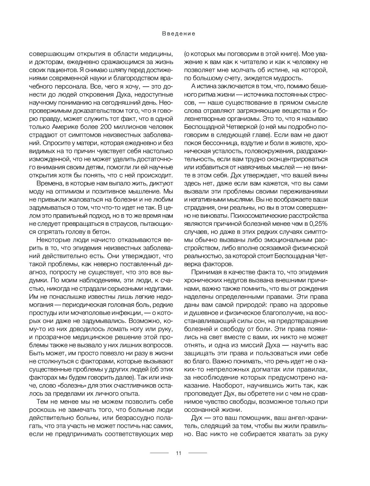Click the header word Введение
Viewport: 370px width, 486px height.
pos(179,34)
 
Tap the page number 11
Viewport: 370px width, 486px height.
pos(178,453)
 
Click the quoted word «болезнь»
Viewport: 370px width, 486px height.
pos(69,386)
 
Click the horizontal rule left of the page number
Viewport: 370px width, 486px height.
pos(159,453)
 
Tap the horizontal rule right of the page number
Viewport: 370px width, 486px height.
pos(198,453)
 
